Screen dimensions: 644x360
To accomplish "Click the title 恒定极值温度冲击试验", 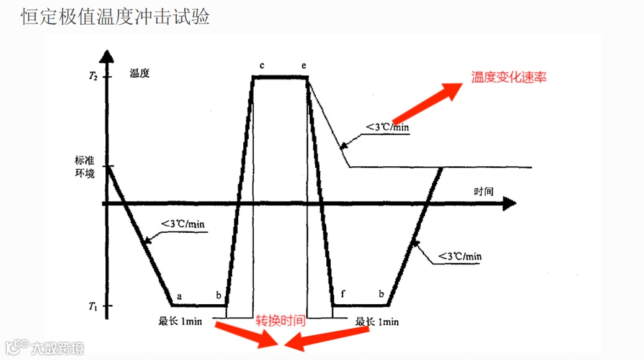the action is point(115,17).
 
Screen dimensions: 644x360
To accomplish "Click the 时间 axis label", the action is point(484,191).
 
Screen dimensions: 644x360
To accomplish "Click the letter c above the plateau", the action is point(262,65).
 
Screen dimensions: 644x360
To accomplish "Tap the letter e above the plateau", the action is point(304,65).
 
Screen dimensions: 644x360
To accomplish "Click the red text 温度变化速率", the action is point(509,78).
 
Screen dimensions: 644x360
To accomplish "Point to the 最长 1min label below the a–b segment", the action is point(181,322).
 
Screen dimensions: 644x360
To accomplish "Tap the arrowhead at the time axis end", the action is point(509,203).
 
